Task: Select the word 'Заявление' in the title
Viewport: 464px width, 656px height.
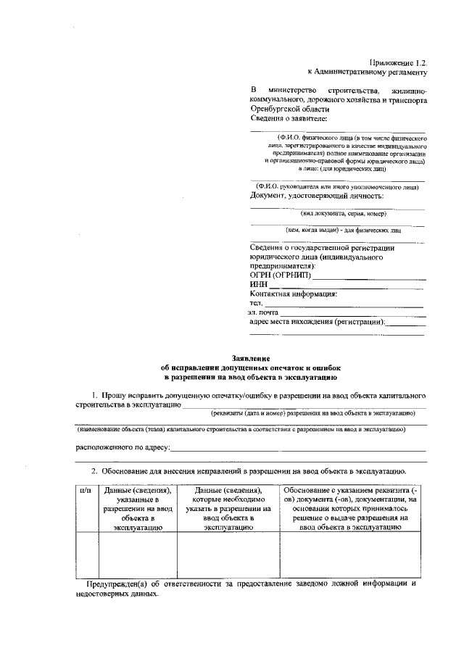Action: [251, 358]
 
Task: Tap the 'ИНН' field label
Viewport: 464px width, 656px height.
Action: [259, 286]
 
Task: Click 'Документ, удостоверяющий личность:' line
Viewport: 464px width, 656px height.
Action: [317, 196]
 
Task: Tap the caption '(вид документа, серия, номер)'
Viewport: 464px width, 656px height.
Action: [343, 214]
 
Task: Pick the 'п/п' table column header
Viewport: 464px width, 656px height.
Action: [86, 490]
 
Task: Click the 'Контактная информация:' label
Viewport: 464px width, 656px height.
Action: [293, 294]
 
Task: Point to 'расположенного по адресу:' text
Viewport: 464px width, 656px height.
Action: [123, 449]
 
